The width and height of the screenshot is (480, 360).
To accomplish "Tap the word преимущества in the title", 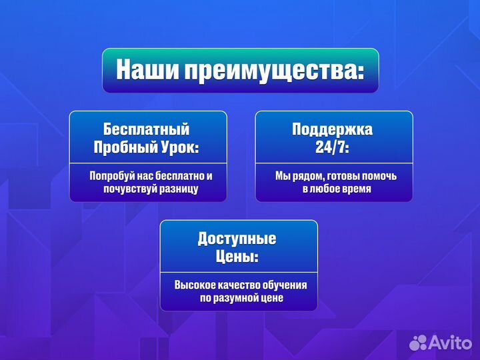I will click(270, 71).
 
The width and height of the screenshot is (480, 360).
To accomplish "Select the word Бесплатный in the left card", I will click(147, 129).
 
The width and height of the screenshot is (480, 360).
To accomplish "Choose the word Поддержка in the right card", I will click(333, 129).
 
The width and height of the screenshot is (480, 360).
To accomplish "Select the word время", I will click(354, 189).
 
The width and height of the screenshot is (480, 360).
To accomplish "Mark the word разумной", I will click(239, 298).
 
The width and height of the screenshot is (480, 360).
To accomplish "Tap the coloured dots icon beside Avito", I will click(418, 342).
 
